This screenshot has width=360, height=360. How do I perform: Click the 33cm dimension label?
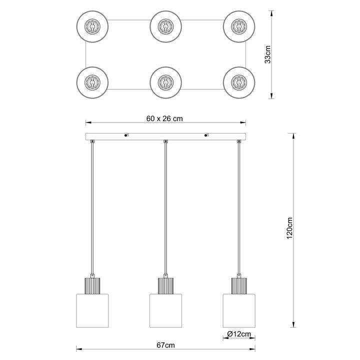click(267, 54)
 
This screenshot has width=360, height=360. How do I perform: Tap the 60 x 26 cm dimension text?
click(164, 118)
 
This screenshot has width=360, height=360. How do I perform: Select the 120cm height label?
click(289, 228)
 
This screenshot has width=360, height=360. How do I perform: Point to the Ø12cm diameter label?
click(239, 334)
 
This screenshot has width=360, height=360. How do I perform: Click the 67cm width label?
click(166, 345)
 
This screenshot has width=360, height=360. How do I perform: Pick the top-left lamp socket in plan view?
click(92, 26)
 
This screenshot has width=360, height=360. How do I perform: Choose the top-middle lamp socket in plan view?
click(166, 26)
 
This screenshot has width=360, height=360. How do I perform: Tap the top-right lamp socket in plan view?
click(239, 26)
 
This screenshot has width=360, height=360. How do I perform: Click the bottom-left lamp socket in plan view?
click(92, 82)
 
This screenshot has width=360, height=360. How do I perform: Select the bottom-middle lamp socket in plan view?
click(166, 82)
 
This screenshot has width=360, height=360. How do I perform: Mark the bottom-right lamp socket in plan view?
click(239, 82)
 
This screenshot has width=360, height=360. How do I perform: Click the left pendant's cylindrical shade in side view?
click(92, 310)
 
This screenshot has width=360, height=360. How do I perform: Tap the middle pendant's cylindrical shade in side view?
click(166, 310)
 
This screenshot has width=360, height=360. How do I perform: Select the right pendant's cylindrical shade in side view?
click(239, 310)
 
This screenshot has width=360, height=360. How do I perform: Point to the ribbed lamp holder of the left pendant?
click(92, 286)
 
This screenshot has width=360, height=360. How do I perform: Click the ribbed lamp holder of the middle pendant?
click(166, 286)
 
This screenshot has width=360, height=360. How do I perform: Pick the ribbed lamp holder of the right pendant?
click(239, 286)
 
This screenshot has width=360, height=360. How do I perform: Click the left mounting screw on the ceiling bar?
click(126, 135)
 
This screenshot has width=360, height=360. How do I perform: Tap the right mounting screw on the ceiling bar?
click(206, 135)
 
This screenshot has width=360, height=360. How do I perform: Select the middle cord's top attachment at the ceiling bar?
click(165, 141)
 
